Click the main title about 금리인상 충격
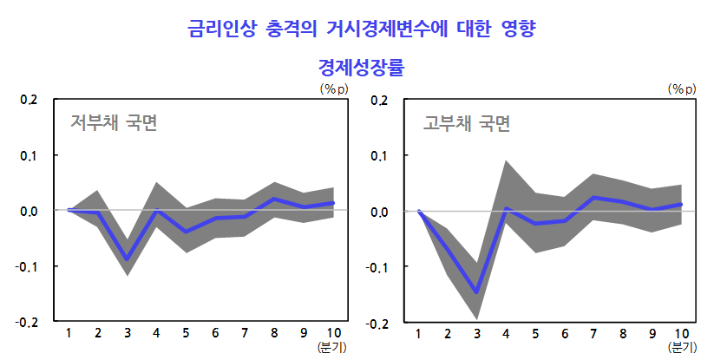point(362,29)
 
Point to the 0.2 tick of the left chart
point(29,100)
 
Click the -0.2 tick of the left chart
point(27,322)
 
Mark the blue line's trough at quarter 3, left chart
point(127,259)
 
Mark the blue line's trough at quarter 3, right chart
point(476,292)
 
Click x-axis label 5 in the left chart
point(186,333)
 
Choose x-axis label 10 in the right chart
point(682,334)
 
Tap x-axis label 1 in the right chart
point(418,334)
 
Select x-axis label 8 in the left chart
point(274,333)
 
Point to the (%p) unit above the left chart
point(334,88)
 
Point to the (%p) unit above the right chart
point(682,88)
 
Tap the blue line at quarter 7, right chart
point(593,198)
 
